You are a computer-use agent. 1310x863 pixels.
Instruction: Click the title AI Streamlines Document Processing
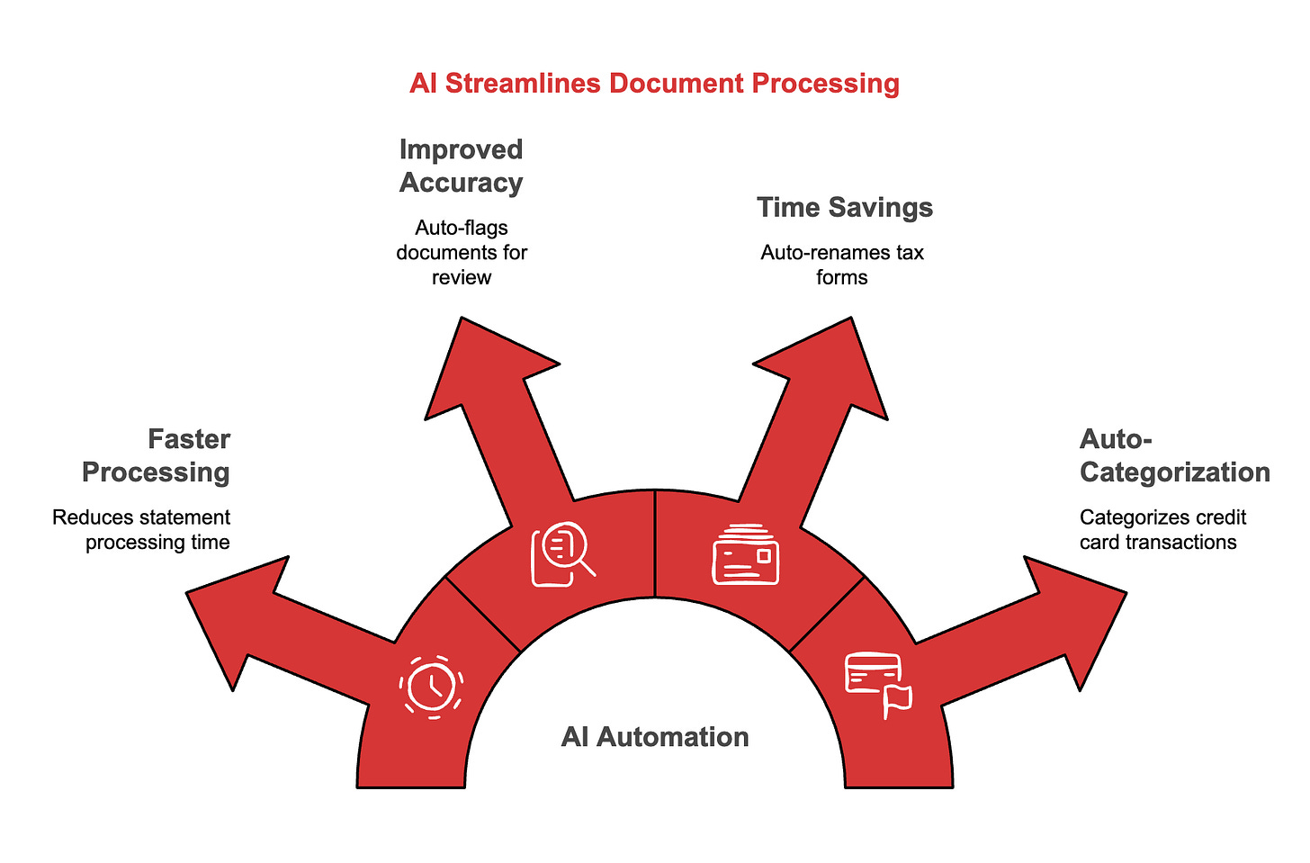pos(654,84)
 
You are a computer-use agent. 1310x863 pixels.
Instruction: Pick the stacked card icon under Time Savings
pos(746,555)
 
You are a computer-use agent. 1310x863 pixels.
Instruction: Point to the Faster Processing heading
pos(157,455)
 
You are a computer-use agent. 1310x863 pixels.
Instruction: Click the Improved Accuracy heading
pos(461,166)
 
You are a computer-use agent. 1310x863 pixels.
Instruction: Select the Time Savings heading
pos(844,207)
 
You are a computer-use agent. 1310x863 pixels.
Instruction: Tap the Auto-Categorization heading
pos(1173,455)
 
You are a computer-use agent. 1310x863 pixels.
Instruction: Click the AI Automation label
pos(655,737)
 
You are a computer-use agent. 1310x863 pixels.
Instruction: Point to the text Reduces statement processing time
pos(141,529)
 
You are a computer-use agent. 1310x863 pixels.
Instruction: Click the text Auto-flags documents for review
pos(461,252)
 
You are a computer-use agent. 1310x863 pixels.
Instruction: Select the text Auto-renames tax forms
pos(842,265)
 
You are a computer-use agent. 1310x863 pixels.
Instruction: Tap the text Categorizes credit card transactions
pos(1162,529)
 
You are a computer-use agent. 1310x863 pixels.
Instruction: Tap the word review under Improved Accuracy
pos(461,277)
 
